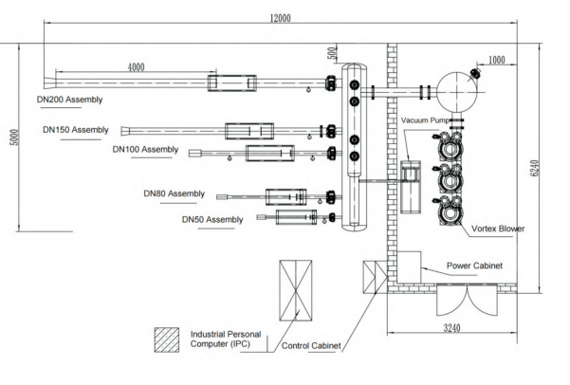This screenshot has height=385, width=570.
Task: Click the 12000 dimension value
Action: (281, 18)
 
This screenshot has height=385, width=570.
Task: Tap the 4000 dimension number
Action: (136, 67)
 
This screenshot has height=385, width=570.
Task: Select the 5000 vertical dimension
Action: (14, 137)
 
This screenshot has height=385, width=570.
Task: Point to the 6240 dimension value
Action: (534, 169)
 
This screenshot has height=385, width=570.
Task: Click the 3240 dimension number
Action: (451, 328)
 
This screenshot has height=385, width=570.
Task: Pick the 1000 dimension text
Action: (497, 60)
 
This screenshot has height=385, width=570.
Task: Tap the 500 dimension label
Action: (332, 54)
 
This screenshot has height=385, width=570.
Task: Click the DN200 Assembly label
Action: (70, 100)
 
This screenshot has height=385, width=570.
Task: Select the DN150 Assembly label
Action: (76, 130)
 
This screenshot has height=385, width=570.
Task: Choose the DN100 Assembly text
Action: (145, 150)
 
